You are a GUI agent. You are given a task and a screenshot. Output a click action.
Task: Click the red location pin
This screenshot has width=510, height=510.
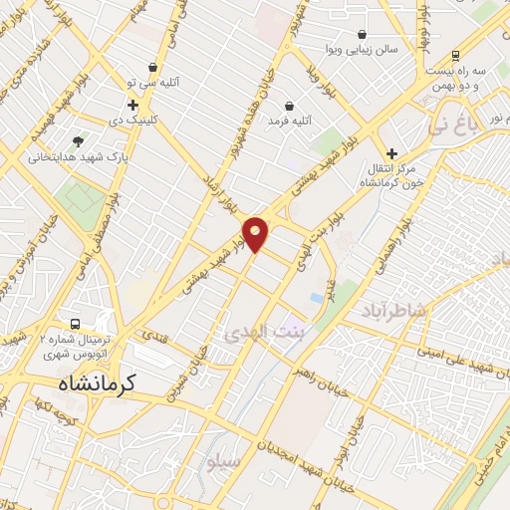point(257,233)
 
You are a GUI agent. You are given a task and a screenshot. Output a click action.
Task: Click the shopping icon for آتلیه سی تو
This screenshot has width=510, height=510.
point(151,68)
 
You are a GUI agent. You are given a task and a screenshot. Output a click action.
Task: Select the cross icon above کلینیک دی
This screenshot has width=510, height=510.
point(132,104)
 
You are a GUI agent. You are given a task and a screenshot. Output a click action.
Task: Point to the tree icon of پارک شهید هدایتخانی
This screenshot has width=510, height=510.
point(78,140)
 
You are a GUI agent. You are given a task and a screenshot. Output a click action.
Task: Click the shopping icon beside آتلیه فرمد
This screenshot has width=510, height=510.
point(289,105)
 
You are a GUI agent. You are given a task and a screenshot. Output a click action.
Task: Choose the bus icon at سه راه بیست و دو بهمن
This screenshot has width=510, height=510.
point(455,56)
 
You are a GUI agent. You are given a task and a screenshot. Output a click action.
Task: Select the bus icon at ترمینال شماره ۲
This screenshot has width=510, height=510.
point(76,325)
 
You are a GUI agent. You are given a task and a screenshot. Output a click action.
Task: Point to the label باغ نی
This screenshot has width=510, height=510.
point(452,127)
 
